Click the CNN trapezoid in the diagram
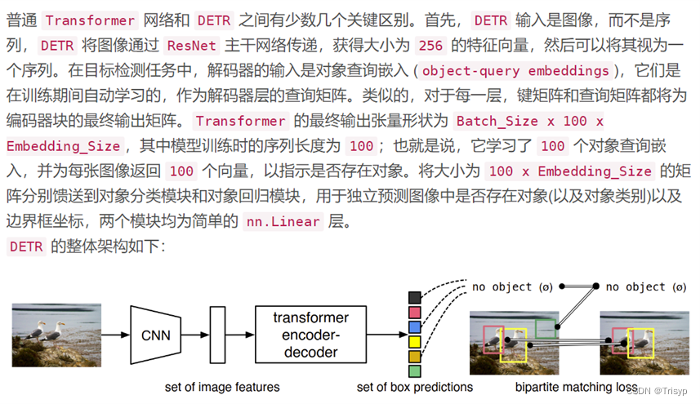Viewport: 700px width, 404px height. pos(155,335)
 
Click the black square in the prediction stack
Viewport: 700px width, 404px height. pos(415,298)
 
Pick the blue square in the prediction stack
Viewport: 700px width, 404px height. pos(415,327)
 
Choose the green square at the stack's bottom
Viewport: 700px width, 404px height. pos(415,371)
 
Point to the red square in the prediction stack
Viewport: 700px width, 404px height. pos(415,313)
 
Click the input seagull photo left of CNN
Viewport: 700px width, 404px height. pos(57,335)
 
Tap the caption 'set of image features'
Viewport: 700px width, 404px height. pos(221,387)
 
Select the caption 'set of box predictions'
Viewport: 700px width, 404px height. pos(415,387)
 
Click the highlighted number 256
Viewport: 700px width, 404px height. pos(429,46)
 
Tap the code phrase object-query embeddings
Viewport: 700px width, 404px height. pos(515,70)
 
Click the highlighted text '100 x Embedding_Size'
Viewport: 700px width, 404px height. pos(570,171)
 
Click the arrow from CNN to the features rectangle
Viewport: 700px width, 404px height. pos(194,335)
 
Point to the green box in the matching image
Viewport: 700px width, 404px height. pos(546,328)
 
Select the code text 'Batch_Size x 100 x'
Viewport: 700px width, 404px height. pos(529,121)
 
